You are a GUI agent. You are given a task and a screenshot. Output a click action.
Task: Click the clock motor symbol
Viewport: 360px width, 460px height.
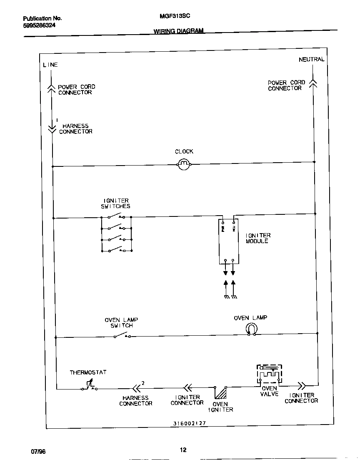184,165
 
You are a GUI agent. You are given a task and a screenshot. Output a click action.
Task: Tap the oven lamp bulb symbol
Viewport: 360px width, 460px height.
251,329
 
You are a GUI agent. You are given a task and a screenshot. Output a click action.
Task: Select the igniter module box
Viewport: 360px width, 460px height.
229,241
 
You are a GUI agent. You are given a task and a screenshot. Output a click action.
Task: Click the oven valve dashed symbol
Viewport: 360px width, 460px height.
269,375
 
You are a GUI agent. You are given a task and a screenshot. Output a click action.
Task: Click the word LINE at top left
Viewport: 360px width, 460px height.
50,65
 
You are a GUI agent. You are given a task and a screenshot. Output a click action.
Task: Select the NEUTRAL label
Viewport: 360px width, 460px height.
311,60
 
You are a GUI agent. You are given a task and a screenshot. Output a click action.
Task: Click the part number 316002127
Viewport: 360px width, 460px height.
190,423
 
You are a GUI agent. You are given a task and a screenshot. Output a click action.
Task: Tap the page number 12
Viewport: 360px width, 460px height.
183,450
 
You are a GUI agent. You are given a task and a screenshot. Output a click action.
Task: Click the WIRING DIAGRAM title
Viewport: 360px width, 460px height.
179,31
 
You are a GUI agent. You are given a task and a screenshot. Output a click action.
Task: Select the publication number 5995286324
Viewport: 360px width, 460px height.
39,25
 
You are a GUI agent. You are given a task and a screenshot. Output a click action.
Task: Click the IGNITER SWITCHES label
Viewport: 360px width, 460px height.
116,204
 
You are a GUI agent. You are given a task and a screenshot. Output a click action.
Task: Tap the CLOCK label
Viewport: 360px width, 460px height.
184,152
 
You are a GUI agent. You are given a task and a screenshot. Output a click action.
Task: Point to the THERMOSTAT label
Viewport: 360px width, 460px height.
88,372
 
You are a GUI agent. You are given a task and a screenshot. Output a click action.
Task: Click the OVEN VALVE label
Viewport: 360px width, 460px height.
269,391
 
